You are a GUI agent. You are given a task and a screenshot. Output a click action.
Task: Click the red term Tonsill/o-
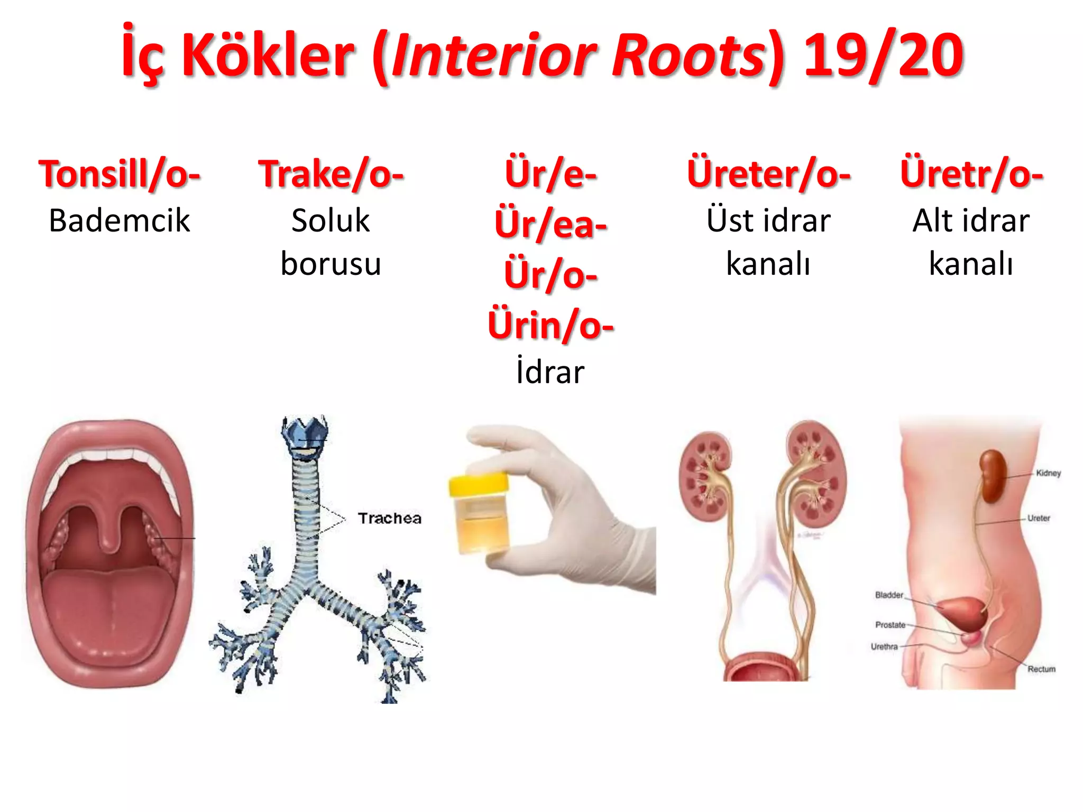click(x=120, y=174)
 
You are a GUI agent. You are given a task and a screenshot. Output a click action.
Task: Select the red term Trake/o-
click(x=331, y=174)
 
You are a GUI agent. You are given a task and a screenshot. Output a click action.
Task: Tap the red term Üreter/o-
click(x=768, y=174)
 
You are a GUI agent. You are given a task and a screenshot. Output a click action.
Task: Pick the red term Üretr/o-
click(x=971, y=174)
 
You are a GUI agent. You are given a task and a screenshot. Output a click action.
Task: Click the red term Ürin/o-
click(x=550, y=325)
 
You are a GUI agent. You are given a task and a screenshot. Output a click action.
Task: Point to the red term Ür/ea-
click(x=550, y=224)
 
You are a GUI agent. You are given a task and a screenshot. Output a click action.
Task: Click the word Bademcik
click(x=120, y=220)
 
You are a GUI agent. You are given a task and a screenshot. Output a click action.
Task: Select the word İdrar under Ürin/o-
click(x=550, y=372)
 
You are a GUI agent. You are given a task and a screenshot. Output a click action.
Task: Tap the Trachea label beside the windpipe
click(x=390, y=518)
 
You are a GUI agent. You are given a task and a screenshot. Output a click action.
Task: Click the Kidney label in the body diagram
click(x=1048, y=473)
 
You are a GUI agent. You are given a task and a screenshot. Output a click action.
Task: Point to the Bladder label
click(x=889, y=595)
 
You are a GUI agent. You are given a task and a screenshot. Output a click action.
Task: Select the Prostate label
click(x=890, y=625)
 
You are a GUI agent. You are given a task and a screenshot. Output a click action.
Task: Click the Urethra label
click(x=884, y=647)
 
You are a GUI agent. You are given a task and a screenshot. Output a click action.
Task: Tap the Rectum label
click(x=1041, y=669)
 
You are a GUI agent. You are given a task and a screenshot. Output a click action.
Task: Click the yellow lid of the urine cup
click(x=478, y=483)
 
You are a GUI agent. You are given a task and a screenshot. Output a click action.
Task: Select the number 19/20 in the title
click(x=883, y=55)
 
